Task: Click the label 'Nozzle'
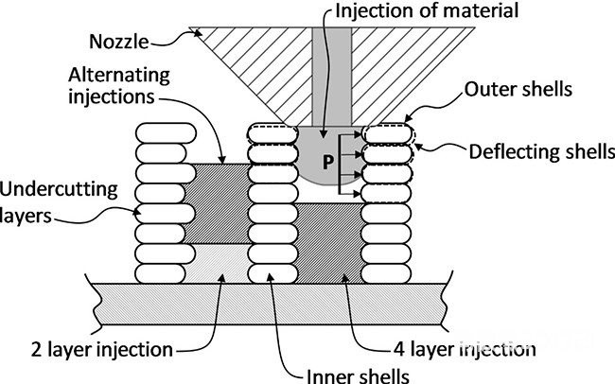pyautogui.click(x=119, y=42)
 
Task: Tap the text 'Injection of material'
pyautogui.click(x=427, y=10)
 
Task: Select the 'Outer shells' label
pyautogui.click(x=518, y=90)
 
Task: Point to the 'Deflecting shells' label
pyautogui.click(x=541, y=151)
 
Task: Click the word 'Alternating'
pyautogui.click(x=119, y=75)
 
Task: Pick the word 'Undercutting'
pyautogui.click(x=59, y=190)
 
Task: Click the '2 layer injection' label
pyautogui.click(x=102, y=349)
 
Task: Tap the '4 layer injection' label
pyautogui.click(x=465, y=349)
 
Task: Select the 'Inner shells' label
pyautogui.click(x=358, y=375)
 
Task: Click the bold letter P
pyautogui.click(x=328, y=162)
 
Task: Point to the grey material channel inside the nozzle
pyautogui.click(x=332, y=77)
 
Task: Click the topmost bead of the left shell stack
pyautogui.click(x=166, y=133)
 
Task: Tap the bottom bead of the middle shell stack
pyautogui.click(x=273, y=273)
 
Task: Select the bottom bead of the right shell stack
pyautogui.click(x=386, y=273)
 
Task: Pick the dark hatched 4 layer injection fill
pyautogui.click(x=328, y=243)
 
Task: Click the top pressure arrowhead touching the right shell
pyautogui.click(x=357, y=134)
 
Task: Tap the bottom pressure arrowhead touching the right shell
pyautogui.click(x=357, y=193)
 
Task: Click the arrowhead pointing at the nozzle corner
pyautogui.click(x=198, y=33)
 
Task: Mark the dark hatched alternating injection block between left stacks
pyautogui.click(x=217, y=203)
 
